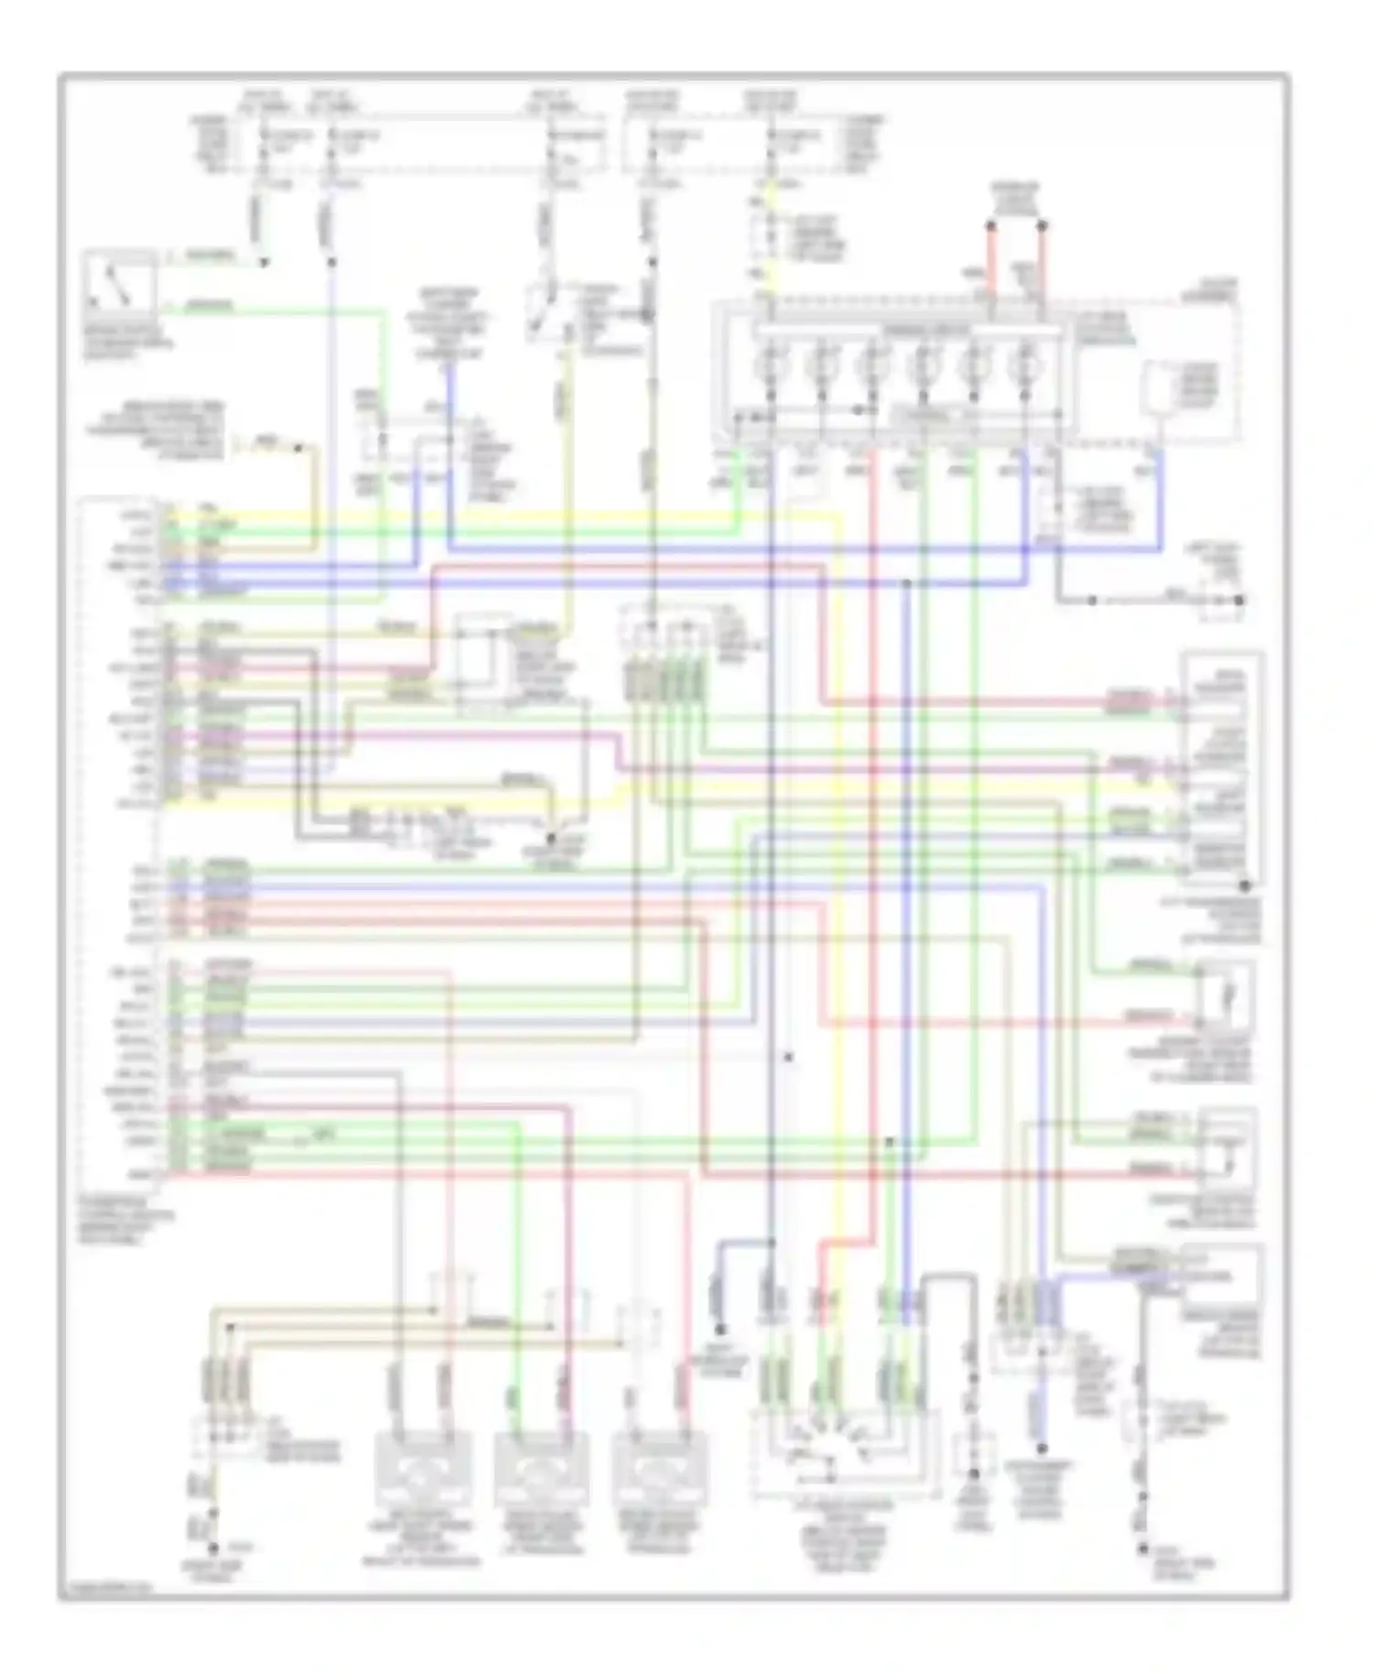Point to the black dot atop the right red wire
tap(1043, 224)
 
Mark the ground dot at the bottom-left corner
tap(212, 1549)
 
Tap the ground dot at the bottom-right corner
tap(1143, 1549)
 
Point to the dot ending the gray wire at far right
tap(1240, 601)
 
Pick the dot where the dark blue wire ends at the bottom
tap(720, 1330)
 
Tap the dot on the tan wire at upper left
tap(297, 448)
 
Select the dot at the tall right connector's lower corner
tap(1245, 886)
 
